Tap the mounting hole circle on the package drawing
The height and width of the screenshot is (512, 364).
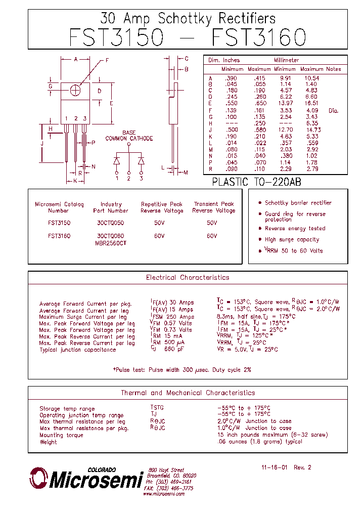pos(75,90)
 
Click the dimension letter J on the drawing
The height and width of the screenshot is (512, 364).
pos(42,144)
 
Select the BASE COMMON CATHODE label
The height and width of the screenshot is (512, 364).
pos(129,136)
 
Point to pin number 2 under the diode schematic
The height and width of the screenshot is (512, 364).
pos(129,178)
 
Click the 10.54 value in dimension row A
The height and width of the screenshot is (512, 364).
pos(312,78)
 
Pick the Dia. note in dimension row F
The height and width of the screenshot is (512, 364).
pos(333,110)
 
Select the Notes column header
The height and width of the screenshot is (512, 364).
pos(334,69)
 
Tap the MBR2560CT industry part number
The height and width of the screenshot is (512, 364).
pos(111,243)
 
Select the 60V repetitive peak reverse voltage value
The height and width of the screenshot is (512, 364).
pos(160,236)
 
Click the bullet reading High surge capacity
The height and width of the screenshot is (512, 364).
pos(292,240)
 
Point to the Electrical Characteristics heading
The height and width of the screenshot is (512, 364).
pos(188,278)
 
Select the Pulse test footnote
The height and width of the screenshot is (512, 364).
pos(181,370)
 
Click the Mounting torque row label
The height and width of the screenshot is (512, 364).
pos(61,435)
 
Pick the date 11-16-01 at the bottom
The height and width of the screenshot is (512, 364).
pos(275,467)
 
